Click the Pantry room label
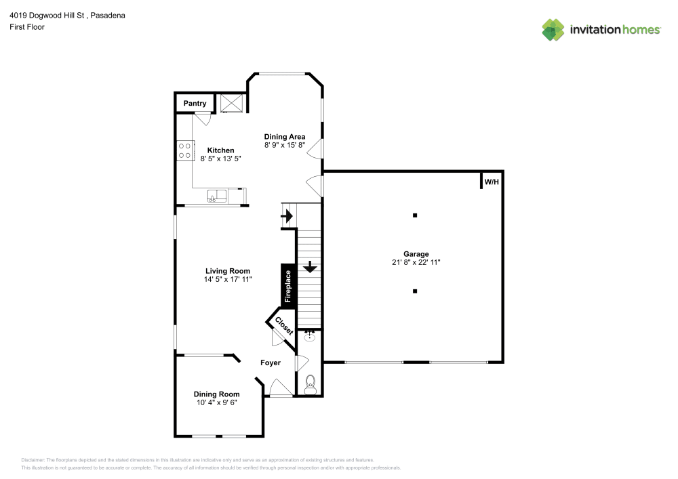(195, 104)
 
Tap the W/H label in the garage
(491, 182)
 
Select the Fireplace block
(287, 286)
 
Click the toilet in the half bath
(310, 384)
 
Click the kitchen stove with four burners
(184, 150)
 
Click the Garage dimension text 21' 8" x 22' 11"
(416, 262)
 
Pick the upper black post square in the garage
(416, 215)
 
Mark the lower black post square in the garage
(416, 291)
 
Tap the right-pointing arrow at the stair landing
(287, 217)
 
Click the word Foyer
(271, 363)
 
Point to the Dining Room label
(216, 394)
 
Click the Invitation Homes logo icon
(553, 29)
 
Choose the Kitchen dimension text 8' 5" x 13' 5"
(221, 159)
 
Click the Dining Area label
(285, 137)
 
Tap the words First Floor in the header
(27, 27)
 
